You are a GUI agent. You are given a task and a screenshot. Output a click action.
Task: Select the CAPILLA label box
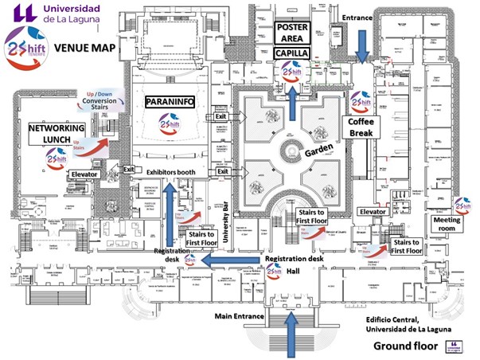click(x=291, y=53)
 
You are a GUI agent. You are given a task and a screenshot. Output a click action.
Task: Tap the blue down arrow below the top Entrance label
click(x=362, y=44)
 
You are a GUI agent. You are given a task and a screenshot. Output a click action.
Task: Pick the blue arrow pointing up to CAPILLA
click(x=294, y=100)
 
